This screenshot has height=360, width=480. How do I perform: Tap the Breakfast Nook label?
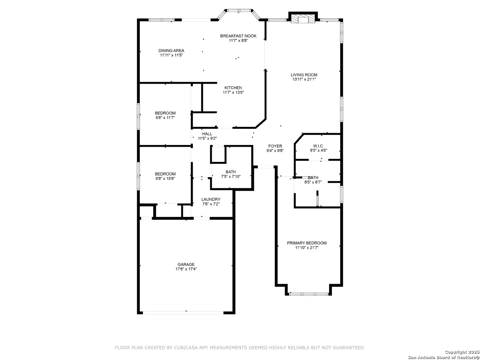coord(238,36)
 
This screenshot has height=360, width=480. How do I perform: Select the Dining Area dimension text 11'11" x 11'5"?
coord(171,55)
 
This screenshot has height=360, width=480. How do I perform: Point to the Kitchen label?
coord(233,88)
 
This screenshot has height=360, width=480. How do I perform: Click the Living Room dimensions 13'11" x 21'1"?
coord(304,79)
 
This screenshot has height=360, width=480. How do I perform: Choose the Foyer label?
coord(275,146)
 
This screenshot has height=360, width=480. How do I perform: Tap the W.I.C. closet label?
coord(318,146)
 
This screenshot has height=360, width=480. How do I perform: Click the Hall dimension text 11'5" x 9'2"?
coord(207,138)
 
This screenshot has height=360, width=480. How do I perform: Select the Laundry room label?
coord(211,199)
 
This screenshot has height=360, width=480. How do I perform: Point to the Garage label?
coord(186,264)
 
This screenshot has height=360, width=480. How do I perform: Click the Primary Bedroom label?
coord(307,243)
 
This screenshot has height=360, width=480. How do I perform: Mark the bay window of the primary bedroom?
coord(308,294)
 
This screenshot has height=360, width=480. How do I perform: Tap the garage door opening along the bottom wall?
coord(183,313)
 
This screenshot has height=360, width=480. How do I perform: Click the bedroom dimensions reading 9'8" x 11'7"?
coord(165,118)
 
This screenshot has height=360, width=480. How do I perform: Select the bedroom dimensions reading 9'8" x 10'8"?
coord(165,178)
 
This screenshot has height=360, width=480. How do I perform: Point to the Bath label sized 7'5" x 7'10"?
coord(231,172)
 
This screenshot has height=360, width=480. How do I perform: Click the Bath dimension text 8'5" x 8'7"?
coord(313,182)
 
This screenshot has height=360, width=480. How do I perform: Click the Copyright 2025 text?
coord(462,352)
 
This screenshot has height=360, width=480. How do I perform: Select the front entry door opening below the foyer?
coord(266,167)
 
